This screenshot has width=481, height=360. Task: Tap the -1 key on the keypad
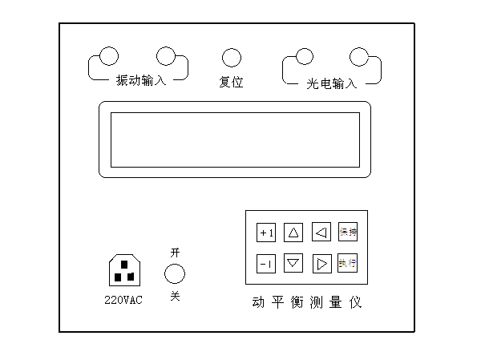266,262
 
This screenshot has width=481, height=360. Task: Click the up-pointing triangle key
293,233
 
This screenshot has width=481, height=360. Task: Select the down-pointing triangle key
293,262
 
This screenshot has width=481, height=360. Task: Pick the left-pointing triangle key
321,233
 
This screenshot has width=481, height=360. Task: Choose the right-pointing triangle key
321,262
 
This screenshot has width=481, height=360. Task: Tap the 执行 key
347,262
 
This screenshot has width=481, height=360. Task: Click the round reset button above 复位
231,58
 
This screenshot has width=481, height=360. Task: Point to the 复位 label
231,81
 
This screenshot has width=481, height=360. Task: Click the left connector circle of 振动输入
107,56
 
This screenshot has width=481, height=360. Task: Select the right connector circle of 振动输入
166,56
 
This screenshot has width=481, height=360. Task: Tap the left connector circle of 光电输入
304,56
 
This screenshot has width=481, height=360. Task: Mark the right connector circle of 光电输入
358,56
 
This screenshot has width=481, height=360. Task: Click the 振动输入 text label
140,80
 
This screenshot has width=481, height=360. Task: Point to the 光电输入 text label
331,83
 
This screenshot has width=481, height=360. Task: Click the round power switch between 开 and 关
175,274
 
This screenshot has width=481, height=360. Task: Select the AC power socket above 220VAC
123,269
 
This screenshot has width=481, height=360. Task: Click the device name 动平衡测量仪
306,303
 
